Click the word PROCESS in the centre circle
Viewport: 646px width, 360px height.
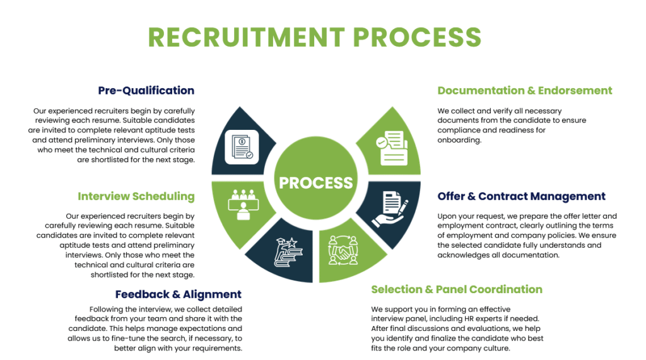316,183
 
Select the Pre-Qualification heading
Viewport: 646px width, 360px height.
146,90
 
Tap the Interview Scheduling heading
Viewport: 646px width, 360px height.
136,196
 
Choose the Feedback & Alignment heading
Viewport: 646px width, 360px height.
178,294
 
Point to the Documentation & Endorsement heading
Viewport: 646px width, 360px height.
524,90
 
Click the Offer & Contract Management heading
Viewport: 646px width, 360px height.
521,196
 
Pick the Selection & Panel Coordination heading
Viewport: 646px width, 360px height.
456,289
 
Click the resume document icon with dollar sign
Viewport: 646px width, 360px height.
242,147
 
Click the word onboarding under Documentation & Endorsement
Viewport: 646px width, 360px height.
459,140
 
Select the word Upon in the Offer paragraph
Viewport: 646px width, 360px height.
447,216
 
